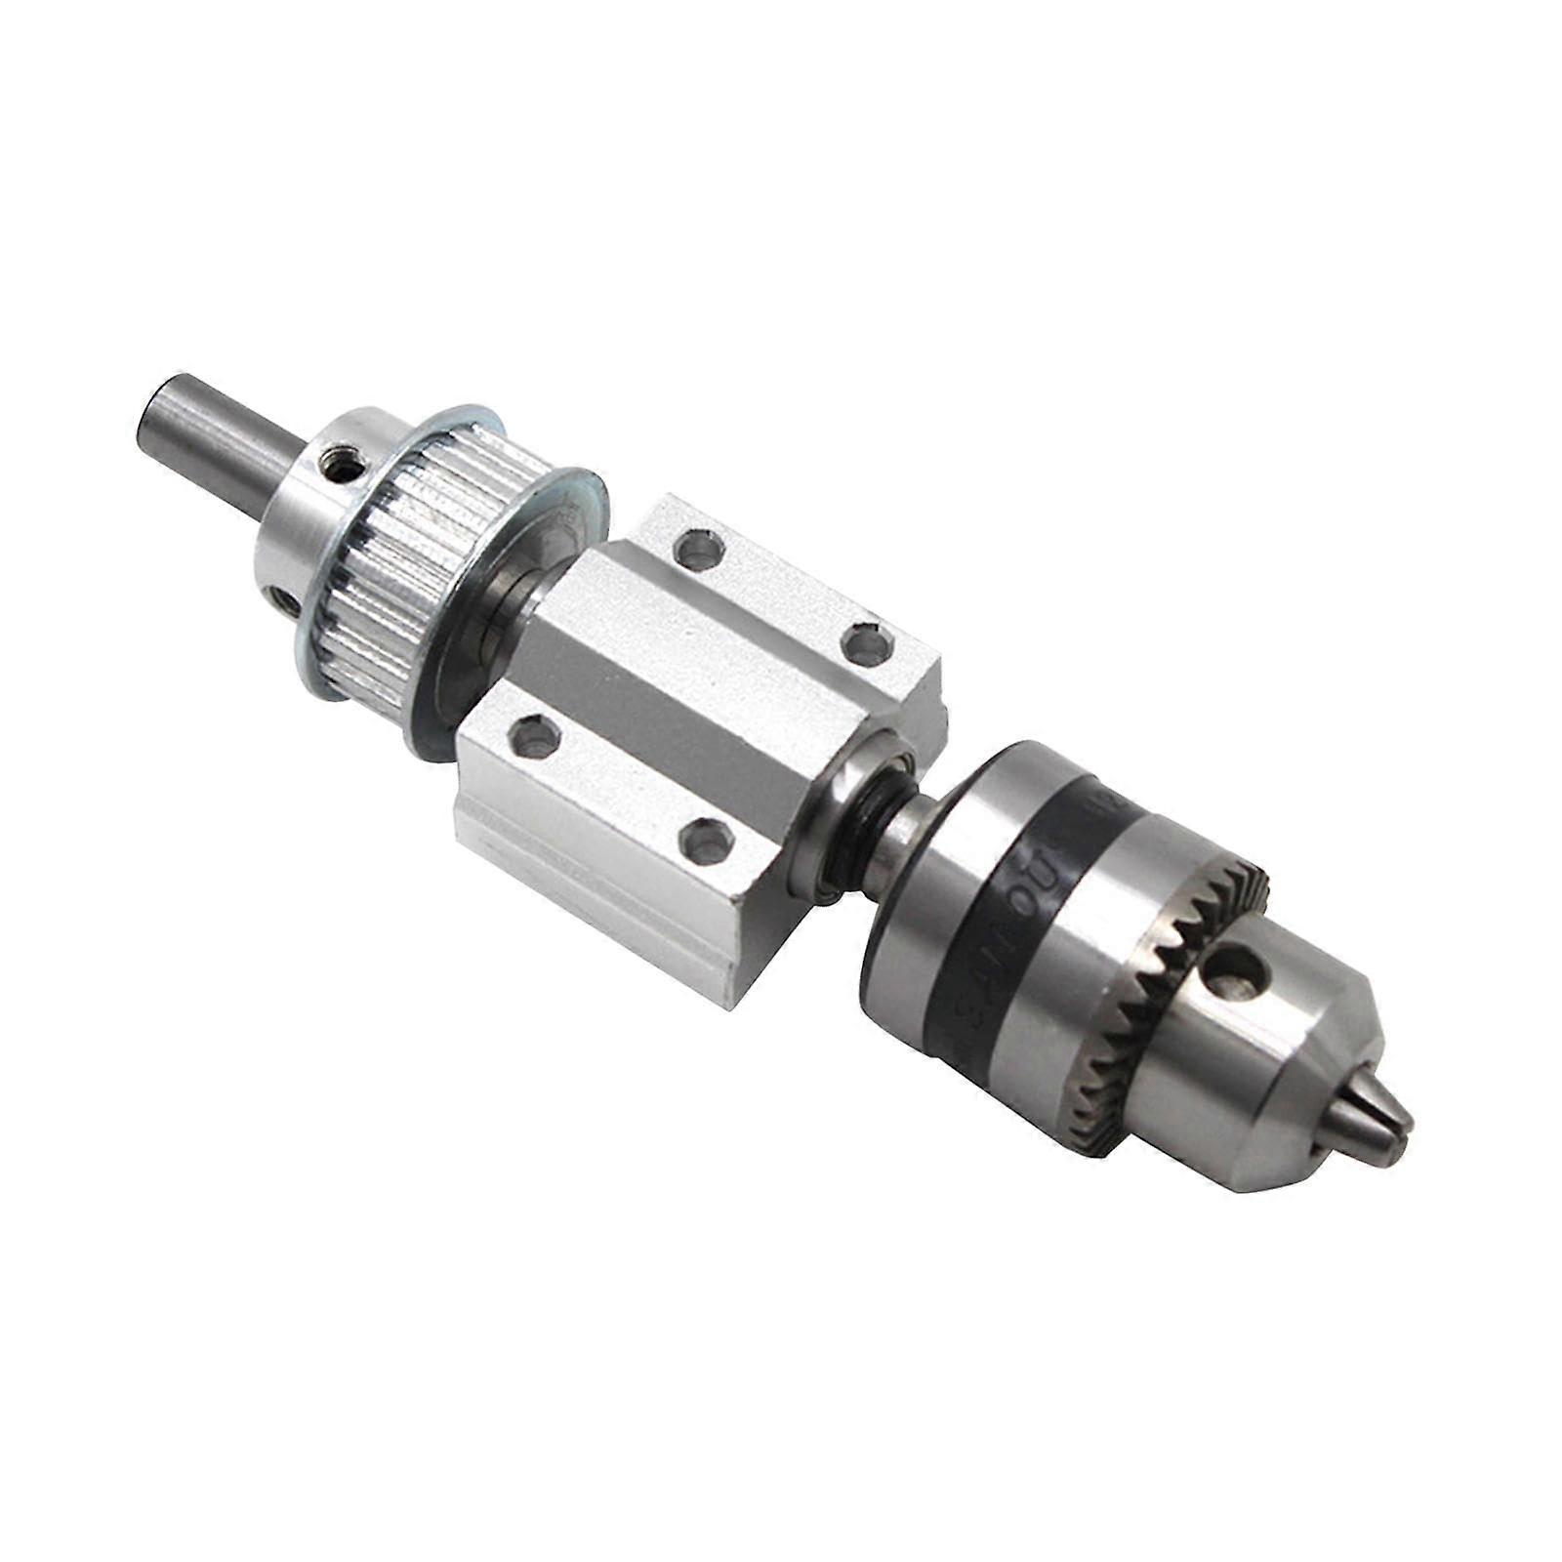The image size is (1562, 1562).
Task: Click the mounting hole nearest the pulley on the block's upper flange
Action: (695, 549)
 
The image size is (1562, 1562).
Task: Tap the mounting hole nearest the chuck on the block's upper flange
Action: (865, 643)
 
